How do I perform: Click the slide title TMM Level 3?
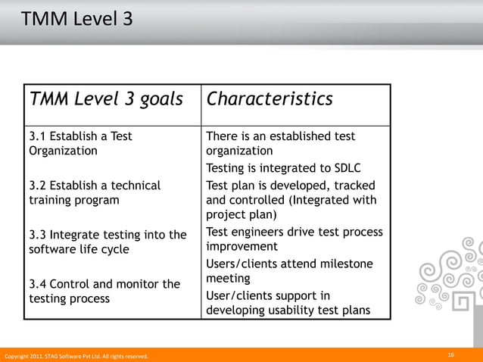(x=77, y=18)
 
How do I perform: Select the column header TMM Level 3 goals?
(x=106, y=99)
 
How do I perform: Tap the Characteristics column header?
(x=270, y=99)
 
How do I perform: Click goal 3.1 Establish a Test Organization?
(x=80, y=143)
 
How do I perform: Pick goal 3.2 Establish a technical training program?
(x=95, y=193)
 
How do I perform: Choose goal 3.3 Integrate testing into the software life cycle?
(x=108, y=242)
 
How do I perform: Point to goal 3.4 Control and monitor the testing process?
(x=104, y=292)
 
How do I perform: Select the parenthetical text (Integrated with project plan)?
(x=291, y=207)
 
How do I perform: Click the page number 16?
(x=450, y=354)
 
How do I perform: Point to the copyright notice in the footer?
(x=76, y=356)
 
